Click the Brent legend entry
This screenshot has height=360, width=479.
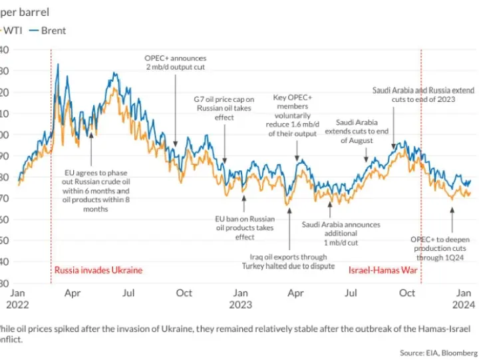tap(54, 30)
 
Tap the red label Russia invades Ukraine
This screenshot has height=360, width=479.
tap(98, 271)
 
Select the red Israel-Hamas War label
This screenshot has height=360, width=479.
tap(383, 271)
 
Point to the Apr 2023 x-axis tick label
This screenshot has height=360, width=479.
tap(296, 293)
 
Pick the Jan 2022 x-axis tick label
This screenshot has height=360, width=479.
tap(18, 298)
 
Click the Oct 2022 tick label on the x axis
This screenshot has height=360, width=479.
tap(184, 293)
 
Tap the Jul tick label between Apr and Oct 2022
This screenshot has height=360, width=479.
tap(129, 293)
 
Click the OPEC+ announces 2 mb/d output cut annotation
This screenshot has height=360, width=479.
tap(176, 63)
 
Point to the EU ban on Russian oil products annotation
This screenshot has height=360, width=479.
tap(244, 227)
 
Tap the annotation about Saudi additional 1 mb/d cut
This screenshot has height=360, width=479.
tap(341, 234)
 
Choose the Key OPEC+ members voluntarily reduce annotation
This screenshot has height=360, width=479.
tap(293, 115)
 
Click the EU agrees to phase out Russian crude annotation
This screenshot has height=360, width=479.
tap(96, 190)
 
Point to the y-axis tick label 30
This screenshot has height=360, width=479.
tap(4, 281)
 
